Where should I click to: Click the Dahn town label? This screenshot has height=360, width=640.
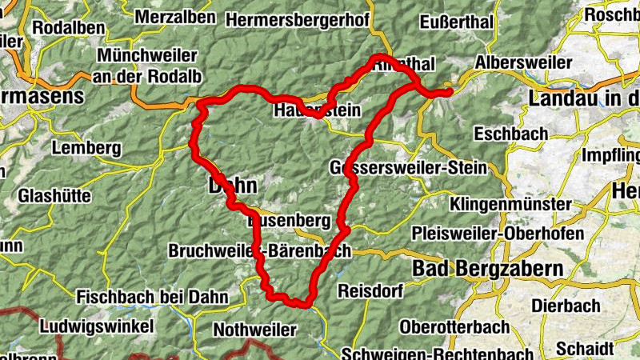pos(233,186)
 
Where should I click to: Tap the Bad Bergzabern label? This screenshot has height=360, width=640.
pos(487,269)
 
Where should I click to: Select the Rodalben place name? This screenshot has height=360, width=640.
pos(69,27)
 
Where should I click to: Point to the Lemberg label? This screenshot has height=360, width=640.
pos(86,148)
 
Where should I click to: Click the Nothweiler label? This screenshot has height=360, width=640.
pos(254,330)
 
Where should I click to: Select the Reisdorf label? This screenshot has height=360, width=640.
pos(370,290)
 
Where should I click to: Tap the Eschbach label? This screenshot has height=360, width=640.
pos(510,133)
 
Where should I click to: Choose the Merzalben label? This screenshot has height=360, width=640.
pos(174,17)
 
